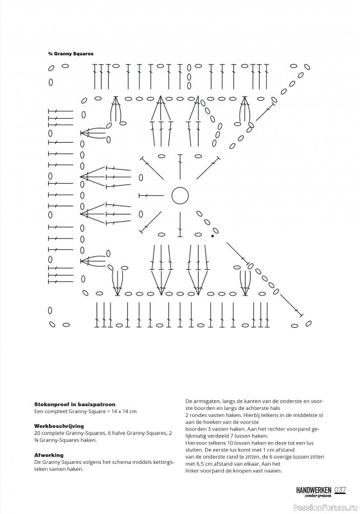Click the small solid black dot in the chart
pos(212,236)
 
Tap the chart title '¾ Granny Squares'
pos(71,54)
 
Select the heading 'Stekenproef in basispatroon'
pos(75,404)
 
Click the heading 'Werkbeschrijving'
pos(59,426)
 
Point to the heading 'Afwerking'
pos(49,455)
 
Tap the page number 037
pos(340,490)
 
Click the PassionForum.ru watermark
pos(326,508)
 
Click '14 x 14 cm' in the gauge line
pos(125,411)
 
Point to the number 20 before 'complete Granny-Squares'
pos(37,433)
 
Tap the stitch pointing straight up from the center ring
pos(180,166)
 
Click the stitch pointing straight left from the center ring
pos(151,196)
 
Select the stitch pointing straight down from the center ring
pos(180,224)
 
